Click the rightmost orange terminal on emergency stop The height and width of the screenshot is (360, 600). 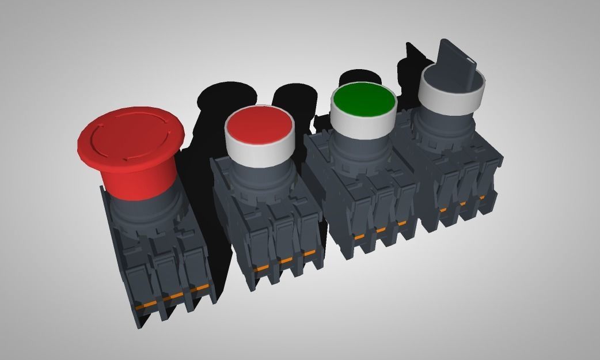tap(200, 288)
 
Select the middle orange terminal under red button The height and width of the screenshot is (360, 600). tap(284, 260)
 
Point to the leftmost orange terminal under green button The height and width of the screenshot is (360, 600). tap(359, 236)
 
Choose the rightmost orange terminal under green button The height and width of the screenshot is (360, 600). tap(401, 222)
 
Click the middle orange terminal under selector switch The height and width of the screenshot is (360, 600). tap(462, 203)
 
